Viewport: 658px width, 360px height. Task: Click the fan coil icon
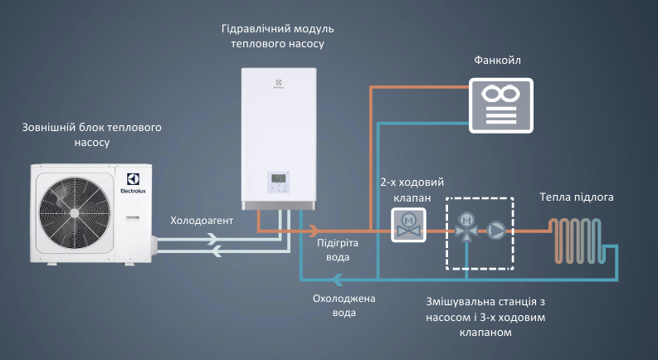[502, 105]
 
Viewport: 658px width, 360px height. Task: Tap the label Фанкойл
[498, 61]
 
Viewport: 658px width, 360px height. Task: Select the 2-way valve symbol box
[407, 225]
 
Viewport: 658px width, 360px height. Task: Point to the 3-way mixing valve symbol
[467, 226]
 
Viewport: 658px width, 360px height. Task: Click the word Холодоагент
[202, 221]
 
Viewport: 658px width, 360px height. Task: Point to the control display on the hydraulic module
[279, 181]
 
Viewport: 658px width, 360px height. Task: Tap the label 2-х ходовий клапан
[406, 190]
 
